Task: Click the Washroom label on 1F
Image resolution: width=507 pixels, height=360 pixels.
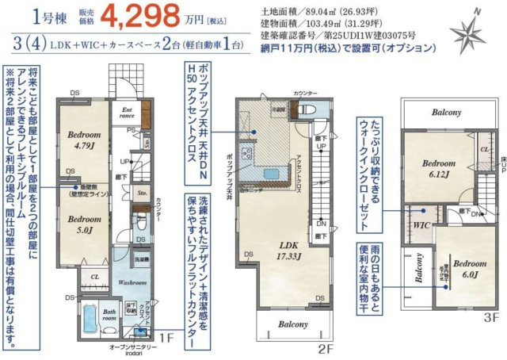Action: [128, 282]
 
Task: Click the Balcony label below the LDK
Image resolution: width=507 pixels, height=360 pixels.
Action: [293, 325]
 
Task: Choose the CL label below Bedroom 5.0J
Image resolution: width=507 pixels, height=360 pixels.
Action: [94, 277]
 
